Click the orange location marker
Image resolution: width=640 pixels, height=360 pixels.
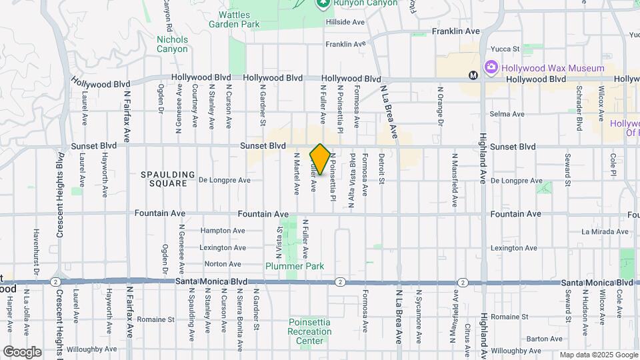pyautogui.click(x=320, y=159)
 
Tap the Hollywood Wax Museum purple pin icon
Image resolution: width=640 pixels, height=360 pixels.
pyautogui.click(x=492, y=67)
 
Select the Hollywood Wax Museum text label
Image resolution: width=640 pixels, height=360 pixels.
pyautogui.click(x=553, y=68)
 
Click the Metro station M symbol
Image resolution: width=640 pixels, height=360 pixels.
pyautogui.click(x=473, y=75)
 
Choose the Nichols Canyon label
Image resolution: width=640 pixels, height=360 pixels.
pyautogui.click(x=172, y=44)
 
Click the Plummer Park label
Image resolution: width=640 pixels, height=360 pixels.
pyautogui.click(x=295, y=266)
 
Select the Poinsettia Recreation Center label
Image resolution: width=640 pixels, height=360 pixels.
pyautogui.click(x=310, y=332)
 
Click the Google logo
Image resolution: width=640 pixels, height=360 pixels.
pyautogui.click(x=22, y=352)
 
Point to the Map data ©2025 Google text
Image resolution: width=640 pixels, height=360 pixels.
pyautogui.click(x=598, y=355)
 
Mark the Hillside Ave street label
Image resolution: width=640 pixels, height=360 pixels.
pyautogui.click(x=345, y=22)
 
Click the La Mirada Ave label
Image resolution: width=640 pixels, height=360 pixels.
pyautogui.click(x=605, y=232)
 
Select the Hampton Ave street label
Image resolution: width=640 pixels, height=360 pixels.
pyautogui.click(x=222, y=231)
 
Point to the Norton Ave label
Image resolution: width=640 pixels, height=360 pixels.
pyautogui.click(x=223, y=264)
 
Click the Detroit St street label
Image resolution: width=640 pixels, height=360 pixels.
pyautogui.click(x=382, y=168)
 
